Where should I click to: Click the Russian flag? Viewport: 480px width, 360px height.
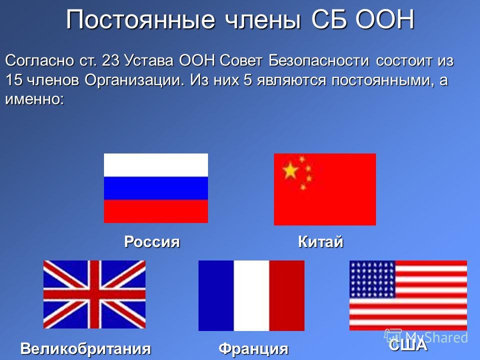156,188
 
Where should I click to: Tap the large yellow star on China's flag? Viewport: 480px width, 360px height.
290,170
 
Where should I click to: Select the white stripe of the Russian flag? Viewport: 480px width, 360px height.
156,165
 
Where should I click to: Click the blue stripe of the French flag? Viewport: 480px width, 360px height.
216,295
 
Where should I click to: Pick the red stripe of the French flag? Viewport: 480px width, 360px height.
287,295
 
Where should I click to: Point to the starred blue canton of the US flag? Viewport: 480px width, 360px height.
372,279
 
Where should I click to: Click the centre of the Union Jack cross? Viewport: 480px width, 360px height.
94,294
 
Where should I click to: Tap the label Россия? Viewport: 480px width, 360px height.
152,241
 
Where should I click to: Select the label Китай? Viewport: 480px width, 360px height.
320,241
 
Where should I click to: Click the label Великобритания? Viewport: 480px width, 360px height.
85,348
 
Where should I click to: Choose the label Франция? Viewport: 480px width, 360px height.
253,348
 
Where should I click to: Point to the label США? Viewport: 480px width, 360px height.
408,344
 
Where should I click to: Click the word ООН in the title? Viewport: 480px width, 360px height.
385,19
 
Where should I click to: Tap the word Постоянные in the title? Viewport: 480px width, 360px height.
140,19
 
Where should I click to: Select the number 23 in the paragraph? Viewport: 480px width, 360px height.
110,60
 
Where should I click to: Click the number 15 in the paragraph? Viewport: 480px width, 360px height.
14,80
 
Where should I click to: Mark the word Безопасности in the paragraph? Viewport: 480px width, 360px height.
319,60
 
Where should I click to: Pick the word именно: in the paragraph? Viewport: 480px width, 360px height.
34,99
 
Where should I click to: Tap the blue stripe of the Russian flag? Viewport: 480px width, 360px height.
156,188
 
